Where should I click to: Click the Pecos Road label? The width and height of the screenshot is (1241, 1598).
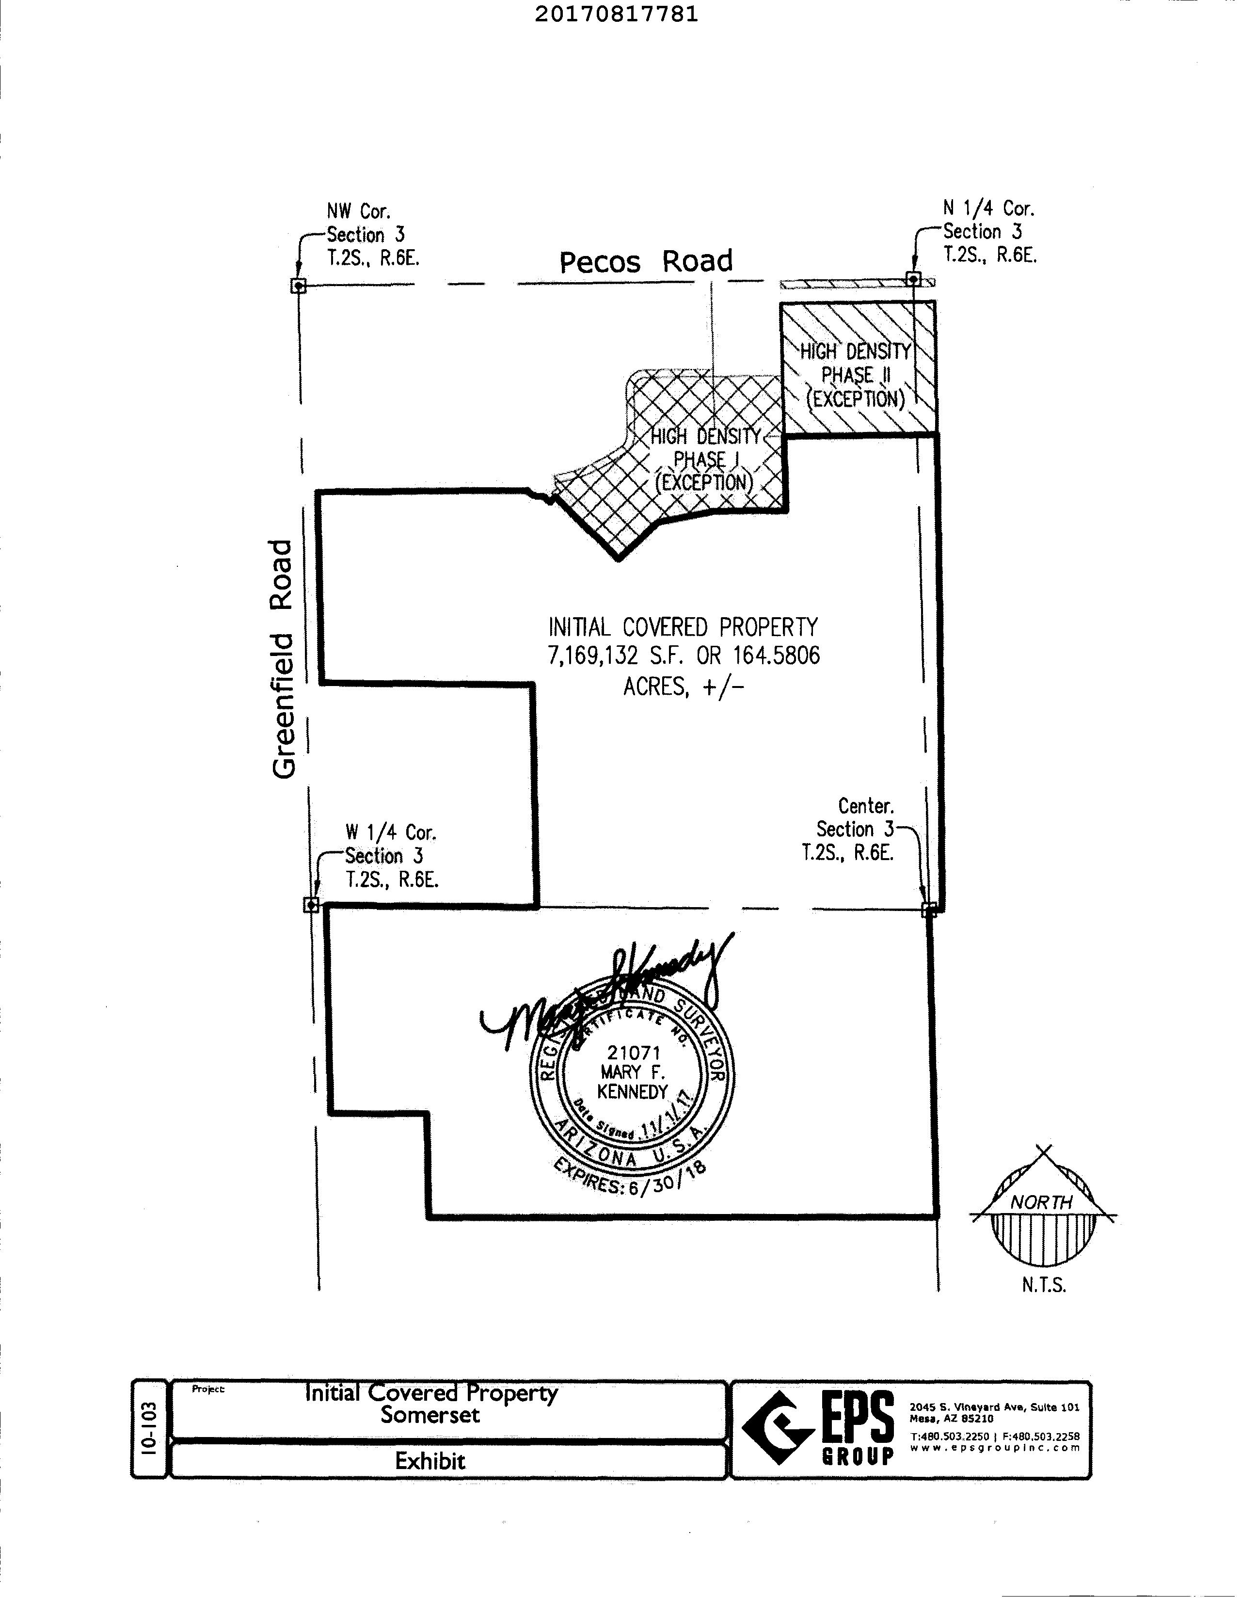[x=645, y=262]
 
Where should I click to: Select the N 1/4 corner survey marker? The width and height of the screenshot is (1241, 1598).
[x=913, y=279]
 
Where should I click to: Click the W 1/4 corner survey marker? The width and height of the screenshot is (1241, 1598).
[x=312, y=905]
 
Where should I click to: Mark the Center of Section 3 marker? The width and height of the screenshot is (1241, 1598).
[x=928, y=910]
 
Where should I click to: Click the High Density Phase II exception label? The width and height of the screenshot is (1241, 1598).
[x=856, y=375]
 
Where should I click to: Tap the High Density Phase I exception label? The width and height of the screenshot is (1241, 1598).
[x=704, y=460]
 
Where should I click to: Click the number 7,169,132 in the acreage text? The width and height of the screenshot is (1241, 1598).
[x=593, y=655]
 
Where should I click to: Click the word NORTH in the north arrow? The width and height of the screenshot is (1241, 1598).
[x=1041, y=1202]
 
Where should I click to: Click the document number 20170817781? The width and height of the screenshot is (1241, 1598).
[x=616, y=15]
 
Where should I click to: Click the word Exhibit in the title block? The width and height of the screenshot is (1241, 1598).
[x=430, y=1461]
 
